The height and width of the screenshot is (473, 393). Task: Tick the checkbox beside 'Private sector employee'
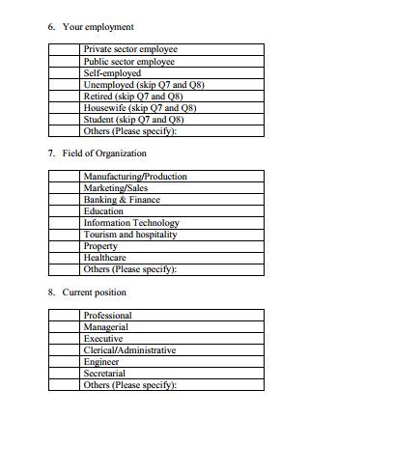point(66,49)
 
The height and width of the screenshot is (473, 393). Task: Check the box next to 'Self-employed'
point(66,72)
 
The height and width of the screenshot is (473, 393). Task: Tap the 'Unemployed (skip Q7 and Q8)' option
point(146,84)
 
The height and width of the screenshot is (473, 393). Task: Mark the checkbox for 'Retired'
point(66,96)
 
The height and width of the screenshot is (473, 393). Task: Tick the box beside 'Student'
point(66,119)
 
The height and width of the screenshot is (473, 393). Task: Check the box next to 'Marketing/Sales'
point(66,188)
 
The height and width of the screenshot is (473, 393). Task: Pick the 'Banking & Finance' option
point(122,200)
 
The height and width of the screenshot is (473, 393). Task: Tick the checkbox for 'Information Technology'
point(66,223)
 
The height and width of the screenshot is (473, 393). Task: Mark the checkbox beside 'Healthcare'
point(66,258)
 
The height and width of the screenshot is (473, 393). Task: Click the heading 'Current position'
point(94,292)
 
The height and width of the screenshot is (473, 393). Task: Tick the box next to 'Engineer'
point(66,362)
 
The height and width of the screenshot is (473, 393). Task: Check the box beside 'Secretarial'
point(66,374)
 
